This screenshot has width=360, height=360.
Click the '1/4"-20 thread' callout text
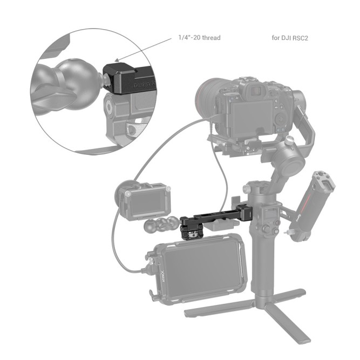click(199, 38)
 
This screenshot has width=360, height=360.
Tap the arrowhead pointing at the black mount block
click(118, 61)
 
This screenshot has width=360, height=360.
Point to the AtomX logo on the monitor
click(161, 279)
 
